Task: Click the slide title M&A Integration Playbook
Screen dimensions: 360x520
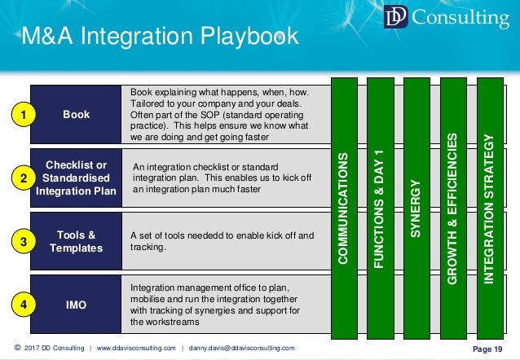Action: coord(160,37)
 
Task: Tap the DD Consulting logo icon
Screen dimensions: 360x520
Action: coord(397,18)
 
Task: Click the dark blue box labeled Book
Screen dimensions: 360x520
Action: coord(76,115)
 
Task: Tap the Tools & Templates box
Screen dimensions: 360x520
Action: coord(76,242)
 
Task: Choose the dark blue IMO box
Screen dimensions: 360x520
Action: coord(76,305)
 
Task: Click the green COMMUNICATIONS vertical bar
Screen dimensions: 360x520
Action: coord(347,208)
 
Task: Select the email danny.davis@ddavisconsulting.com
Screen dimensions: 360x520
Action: coord(242,349)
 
